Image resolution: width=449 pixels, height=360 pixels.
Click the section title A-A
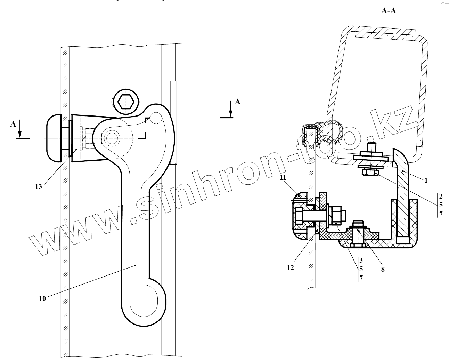[x=389, y=11]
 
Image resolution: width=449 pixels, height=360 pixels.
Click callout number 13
[x=38, y=186]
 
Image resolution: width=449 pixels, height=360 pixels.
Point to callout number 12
[x=290, y=267]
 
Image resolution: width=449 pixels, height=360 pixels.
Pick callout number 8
[x=383, y=269]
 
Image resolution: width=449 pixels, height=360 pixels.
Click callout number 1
[x=426, y=180]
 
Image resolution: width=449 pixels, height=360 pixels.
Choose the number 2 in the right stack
[x=441, y=196]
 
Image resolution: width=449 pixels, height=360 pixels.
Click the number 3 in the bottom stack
[x=361, y=260]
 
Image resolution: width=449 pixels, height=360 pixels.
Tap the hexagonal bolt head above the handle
[x=125, y=102]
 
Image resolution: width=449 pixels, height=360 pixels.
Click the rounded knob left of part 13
[x=54, y=138]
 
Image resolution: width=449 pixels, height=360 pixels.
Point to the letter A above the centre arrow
[x=238, y=102]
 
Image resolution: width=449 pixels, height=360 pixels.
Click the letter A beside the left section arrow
[x=13, y=124]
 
